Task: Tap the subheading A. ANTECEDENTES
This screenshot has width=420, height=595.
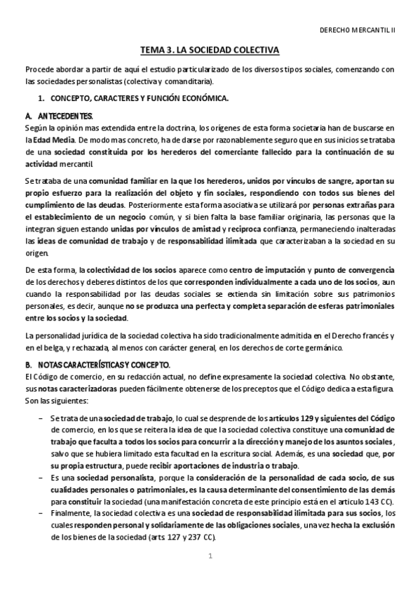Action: tap(59, 115)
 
